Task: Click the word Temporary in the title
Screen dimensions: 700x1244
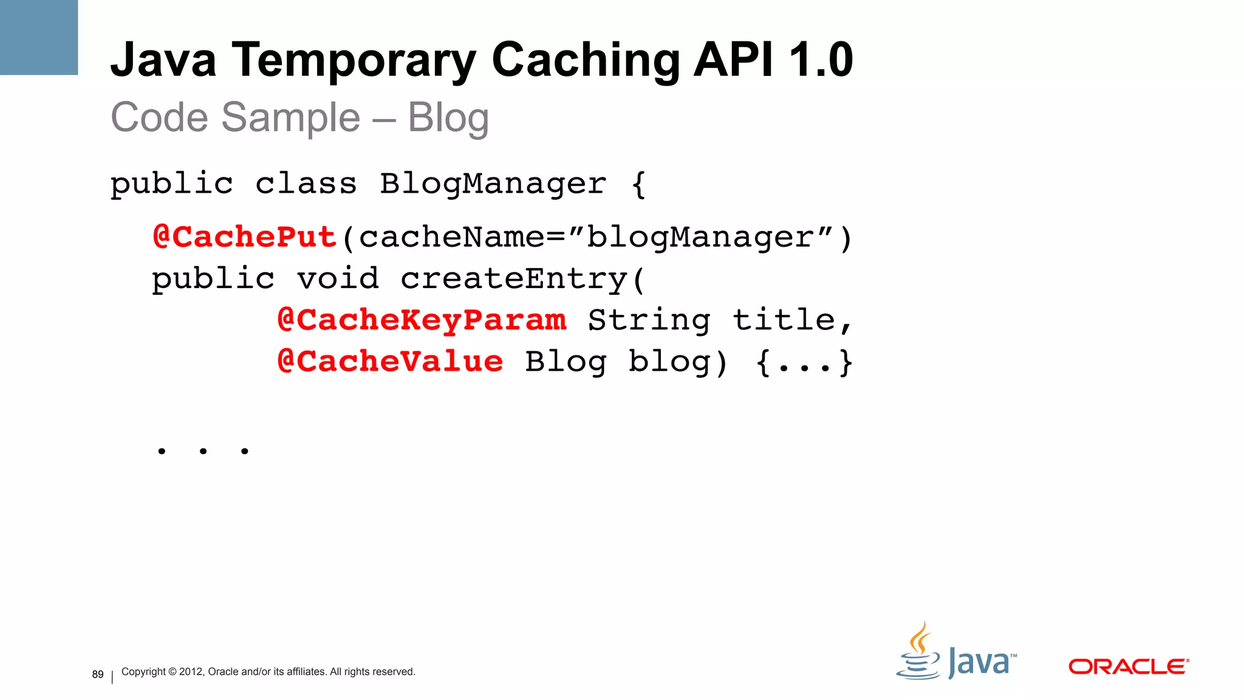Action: (354, 61)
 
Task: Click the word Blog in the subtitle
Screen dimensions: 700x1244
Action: (448, 117)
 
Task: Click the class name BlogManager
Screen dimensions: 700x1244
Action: (493, 184)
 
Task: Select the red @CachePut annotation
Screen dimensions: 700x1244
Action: (245, 237)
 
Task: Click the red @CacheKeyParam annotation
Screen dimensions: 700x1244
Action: (422, 320)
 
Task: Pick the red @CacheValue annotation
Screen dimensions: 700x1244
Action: (390, 362)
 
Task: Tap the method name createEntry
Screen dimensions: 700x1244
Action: (514, 279)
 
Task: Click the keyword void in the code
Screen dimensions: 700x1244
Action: (338, 279)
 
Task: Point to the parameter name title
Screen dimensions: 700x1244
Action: (784, 320)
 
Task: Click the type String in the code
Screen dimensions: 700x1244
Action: (649, 320)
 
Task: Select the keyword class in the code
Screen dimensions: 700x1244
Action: (306, 184)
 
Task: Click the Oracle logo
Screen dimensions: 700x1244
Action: (1128, 667)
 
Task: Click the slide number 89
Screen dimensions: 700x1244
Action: (98, 674)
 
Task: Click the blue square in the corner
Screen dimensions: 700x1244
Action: (39, 37)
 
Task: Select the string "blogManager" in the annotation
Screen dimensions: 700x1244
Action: (700, 237)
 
